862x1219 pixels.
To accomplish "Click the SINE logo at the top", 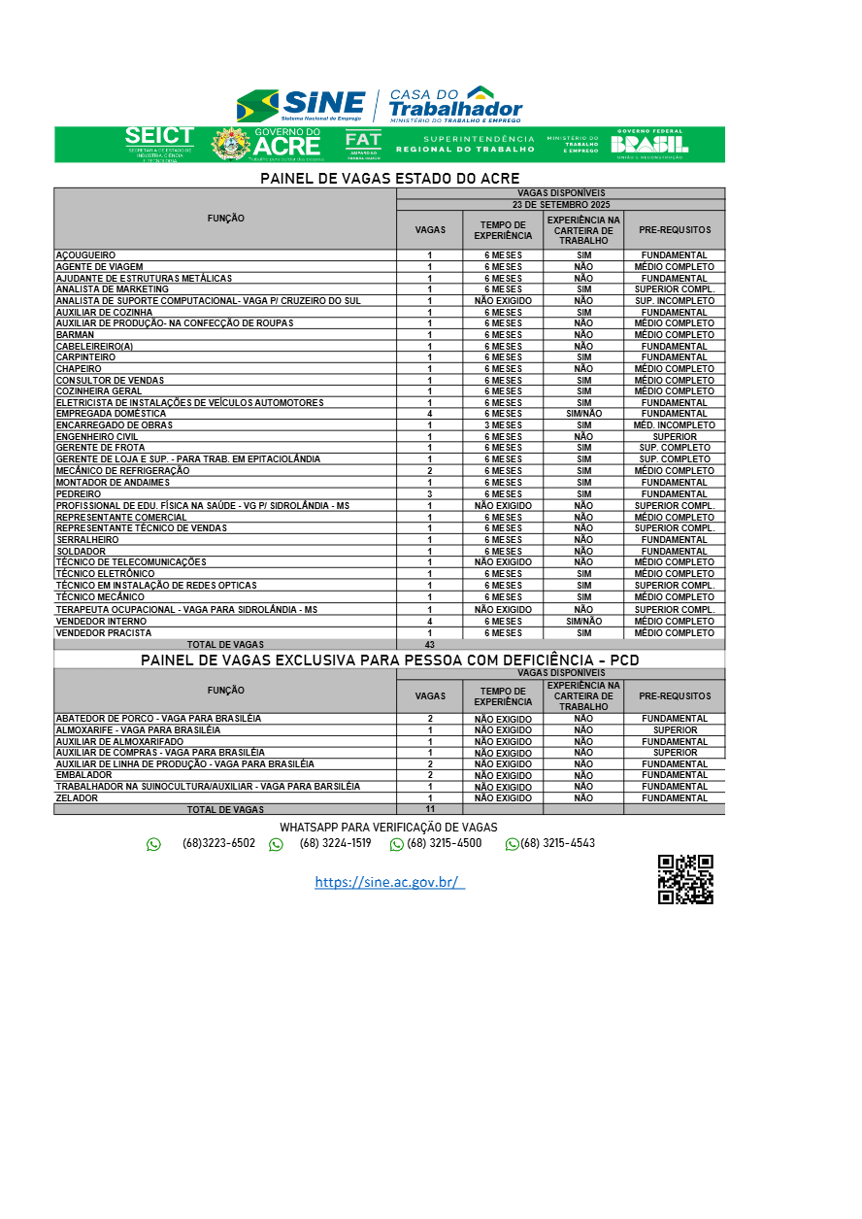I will (301, 104).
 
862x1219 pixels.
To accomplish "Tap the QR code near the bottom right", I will (685, 880).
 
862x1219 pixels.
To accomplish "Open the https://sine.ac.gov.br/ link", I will (389, 882).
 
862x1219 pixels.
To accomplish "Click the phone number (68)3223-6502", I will (218, 843).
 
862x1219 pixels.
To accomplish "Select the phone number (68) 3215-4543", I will (557, 843).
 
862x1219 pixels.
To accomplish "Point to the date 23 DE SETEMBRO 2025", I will (560, 205).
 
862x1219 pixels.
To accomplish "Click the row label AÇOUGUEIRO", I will (85, 255).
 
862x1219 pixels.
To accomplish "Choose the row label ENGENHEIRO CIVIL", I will (97, 437).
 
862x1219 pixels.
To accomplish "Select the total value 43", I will (429, 644).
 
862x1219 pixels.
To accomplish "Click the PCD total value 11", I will (429, 809).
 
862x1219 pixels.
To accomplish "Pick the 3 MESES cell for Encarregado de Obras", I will (503, 425).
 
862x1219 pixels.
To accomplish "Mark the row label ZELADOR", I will (77, 798).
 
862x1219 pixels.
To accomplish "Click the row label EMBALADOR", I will (83, 775).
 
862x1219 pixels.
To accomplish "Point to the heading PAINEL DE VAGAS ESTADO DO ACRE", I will (389, 179).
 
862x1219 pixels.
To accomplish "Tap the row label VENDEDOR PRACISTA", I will (104, 633).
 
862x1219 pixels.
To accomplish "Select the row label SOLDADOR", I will (81, 552).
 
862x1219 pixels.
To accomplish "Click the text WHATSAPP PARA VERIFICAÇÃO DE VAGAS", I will (388, 827).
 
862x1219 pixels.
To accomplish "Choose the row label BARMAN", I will (75, 335).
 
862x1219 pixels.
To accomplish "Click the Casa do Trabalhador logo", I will (454, 104).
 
